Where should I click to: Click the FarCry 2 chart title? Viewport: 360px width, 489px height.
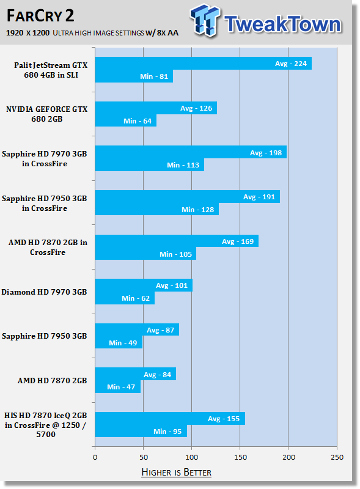tap(40, 16)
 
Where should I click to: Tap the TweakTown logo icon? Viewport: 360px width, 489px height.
tap(205, 20)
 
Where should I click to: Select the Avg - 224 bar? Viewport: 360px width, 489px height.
tap(204, 64)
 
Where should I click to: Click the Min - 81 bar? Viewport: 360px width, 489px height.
tap(134, 76)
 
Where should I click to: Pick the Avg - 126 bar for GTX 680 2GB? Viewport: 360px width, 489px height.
tap(156, 108)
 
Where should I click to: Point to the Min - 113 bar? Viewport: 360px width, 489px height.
tap(150, 164)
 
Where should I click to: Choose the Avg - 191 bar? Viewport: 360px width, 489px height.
tap(188, 197)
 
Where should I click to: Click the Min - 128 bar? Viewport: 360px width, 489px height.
tap(157, 209)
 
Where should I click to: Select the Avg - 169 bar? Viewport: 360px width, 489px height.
tap(177, 241)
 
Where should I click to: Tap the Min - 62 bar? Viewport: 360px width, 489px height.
tap(125, 298)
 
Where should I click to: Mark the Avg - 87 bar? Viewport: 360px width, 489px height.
tap(137, 329)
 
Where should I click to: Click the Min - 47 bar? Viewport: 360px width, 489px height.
tap(118, 387)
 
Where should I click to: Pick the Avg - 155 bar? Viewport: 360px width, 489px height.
tap(170, 419)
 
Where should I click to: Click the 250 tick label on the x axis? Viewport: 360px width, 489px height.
tap(337, 457)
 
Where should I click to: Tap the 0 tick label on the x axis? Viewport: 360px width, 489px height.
tap(95, 457)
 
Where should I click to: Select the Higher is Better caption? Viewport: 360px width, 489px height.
tap(176, 472)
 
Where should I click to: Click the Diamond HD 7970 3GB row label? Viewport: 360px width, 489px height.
tap(44, 292)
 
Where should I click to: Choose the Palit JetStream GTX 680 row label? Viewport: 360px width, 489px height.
tap(51, 70)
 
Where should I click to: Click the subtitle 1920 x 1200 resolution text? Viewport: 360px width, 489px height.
tap(28, 33)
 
